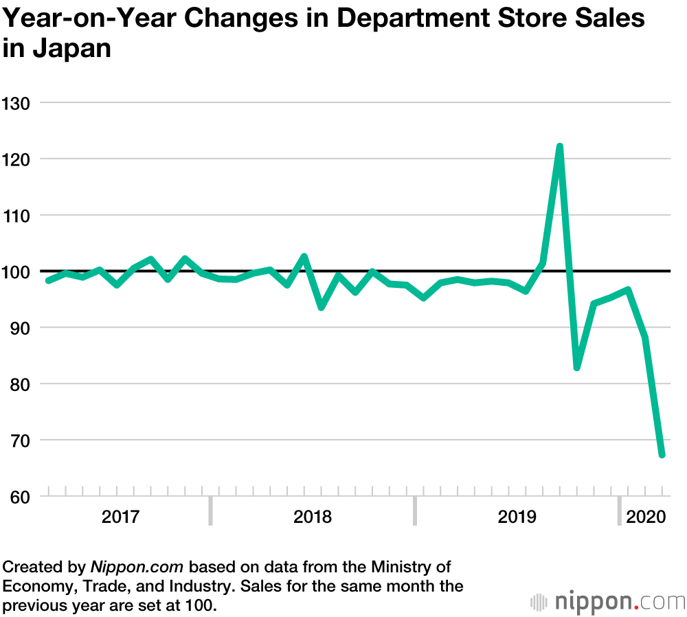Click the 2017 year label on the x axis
tap(120, 517)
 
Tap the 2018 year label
tap(313, 517)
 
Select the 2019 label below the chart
tap(517, 517)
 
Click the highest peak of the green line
tap(560, 146)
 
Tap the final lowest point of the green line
tap(662, 455)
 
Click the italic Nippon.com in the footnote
tap(137, 568)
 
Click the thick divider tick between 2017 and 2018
tap(211, 511)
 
